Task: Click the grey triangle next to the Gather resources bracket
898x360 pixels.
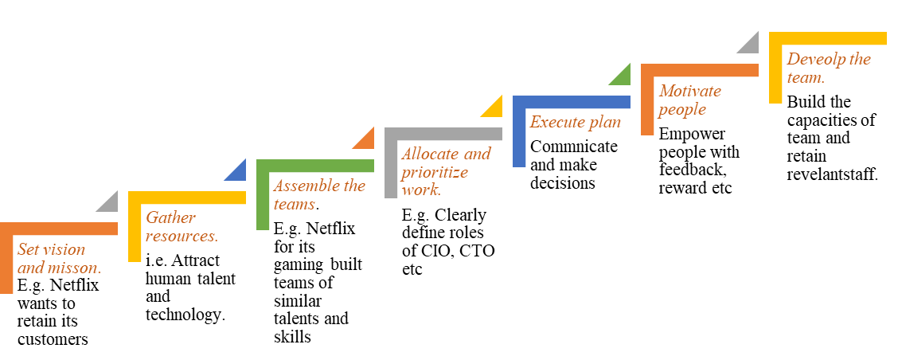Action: pos(110,204)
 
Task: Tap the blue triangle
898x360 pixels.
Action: pos(238,172)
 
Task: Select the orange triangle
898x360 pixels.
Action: pos(366,140)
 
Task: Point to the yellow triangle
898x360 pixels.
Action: pos(494,108)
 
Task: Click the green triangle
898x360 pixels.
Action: pos(623,76)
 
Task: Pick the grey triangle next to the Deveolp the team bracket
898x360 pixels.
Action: pos(751,45)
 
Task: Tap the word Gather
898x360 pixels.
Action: pos(170,217)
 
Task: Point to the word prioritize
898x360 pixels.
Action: pos(435,172)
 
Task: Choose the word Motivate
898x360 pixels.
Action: pos(690,91)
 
